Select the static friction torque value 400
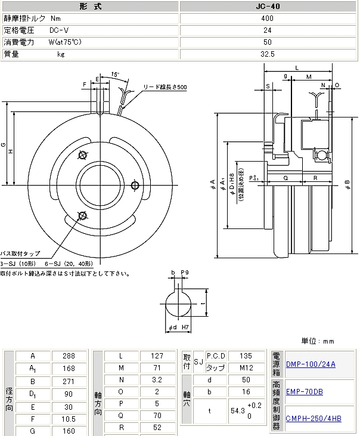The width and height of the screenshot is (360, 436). click(267, 18)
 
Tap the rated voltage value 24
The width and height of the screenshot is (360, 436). click(267, 30)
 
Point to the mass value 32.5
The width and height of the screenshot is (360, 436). click(267, 54)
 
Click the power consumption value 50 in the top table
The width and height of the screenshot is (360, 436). click(267, 42)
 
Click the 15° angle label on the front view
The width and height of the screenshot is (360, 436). click(115, 75)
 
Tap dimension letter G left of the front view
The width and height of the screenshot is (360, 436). click(4, 144)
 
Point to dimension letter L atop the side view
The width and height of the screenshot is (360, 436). click(296, 68)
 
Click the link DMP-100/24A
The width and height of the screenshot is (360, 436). click(311, 364)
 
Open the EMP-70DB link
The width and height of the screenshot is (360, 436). click(304, 391)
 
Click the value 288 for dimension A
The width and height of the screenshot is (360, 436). click(70, 356)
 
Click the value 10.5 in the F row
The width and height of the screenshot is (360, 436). click(70, 420)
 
